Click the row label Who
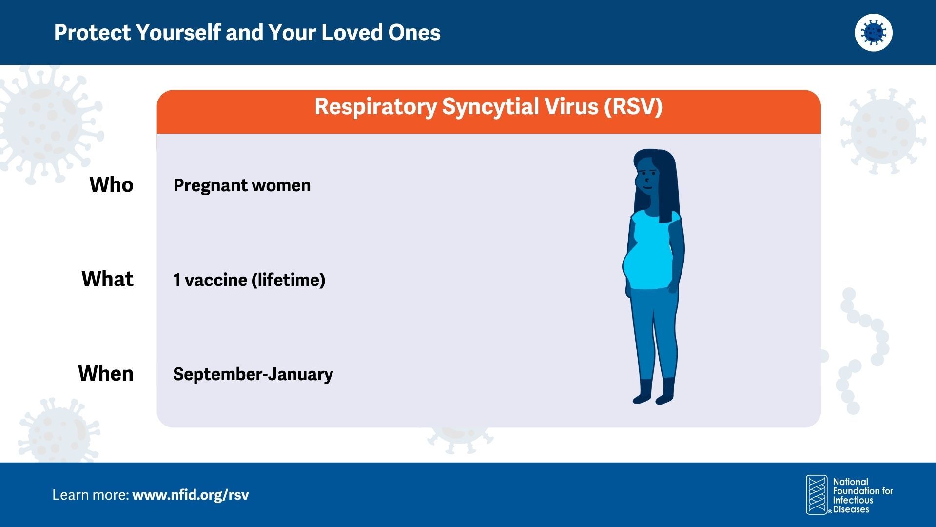coord(111,185)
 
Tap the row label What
coord(107,279)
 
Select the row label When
coord(106,374)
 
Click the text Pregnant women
coord(242,186)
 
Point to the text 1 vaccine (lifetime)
coord(249,280)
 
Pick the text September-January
coord(253,374)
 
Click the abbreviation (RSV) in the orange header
coord(633,107)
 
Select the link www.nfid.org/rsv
coord(191,495)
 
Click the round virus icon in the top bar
coord(874,33)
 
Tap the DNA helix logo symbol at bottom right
coord(817,495)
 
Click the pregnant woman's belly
coord(636,267)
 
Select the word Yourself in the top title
coord(178,33)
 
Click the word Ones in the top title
coord(414,33)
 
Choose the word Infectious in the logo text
coord(853,500)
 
